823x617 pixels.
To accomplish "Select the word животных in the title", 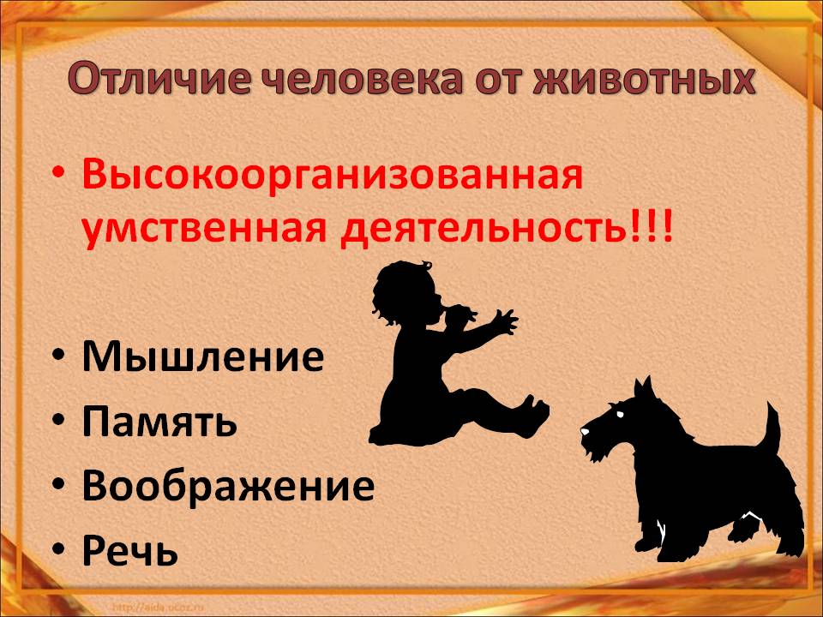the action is pos(645,79).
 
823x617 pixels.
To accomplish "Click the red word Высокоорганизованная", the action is pos(333,176).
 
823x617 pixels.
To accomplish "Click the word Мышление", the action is pos(202,357).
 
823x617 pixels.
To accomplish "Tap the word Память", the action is pos(159,422).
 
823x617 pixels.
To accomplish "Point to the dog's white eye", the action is pos(621,415).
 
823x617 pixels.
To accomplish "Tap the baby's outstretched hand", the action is pos(504,322).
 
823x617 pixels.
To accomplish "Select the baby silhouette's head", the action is pos(401,293).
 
